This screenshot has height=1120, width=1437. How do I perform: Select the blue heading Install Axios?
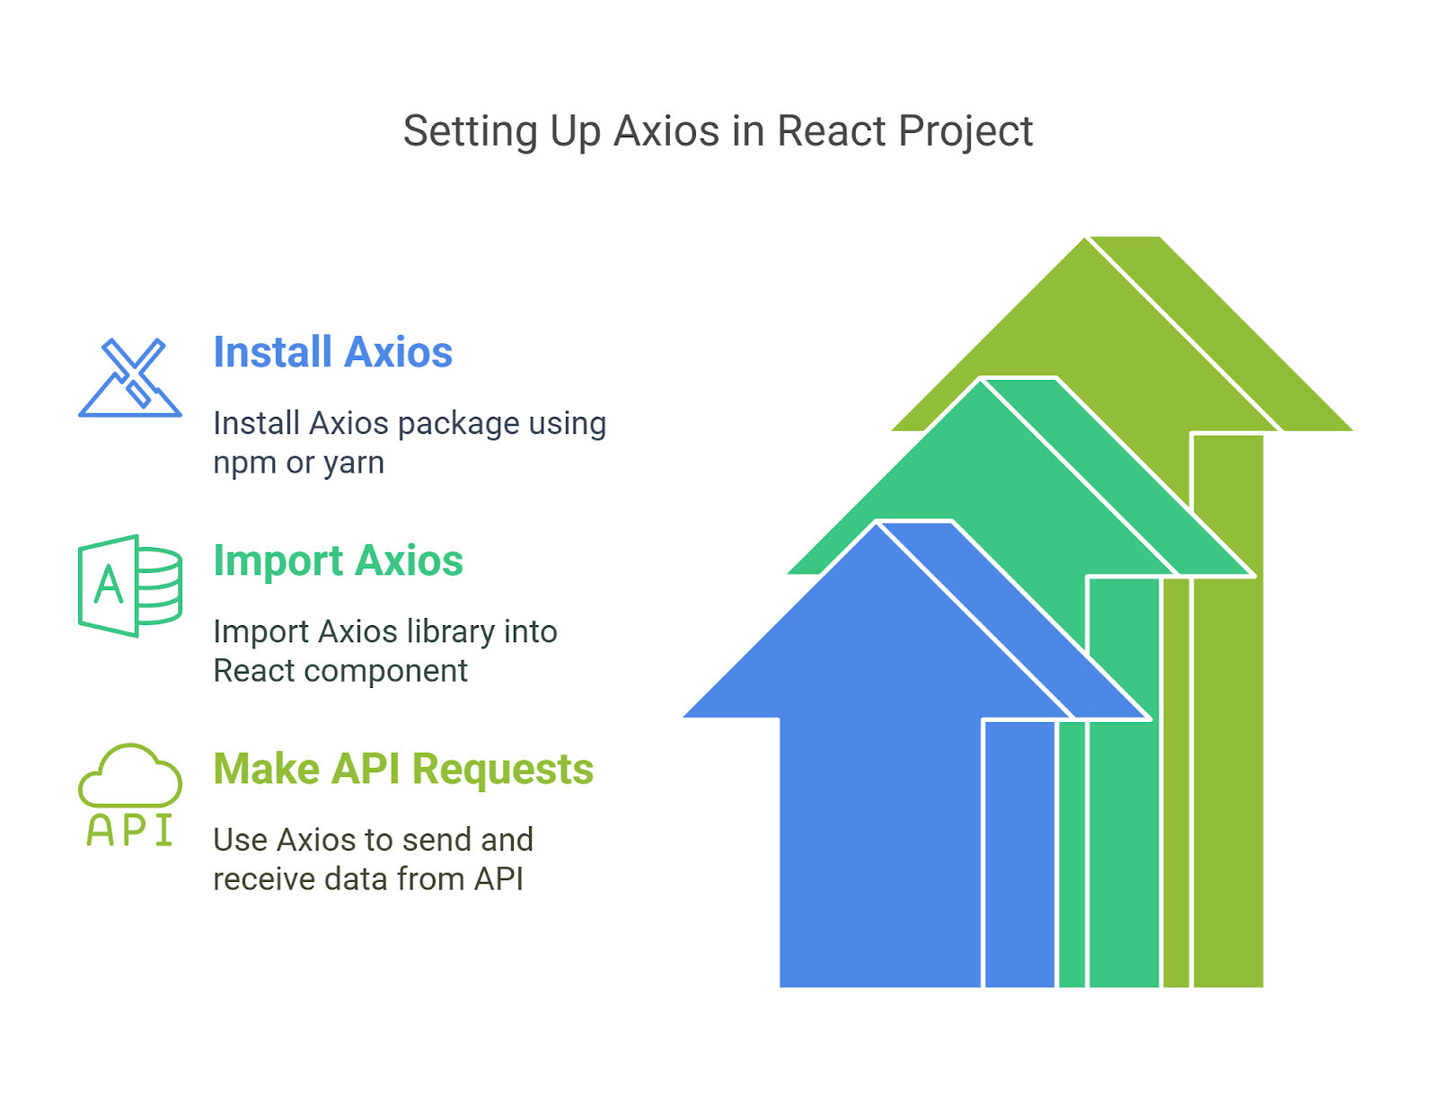[x=332, y=351]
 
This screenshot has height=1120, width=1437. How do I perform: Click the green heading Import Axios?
[x=338, y=561]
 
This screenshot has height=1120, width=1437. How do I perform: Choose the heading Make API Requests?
[x=403, y=769]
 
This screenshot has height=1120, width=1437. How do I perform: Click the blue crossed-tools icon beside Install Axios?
[x=129, y=377]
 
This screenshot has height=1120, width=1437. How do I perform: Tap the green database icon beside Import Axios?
[x=129, y=586]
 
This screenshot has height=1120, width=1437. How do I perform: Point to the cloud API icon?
[x=129, y=795]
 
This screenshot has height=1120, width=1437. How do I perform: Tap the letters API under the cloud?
[x=129, y=829]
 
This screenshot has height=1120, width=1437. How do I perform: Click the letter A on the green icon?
[x=109, y=585]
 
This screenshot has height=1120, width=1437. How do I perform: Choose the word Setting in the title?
[x=471, y=132]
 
